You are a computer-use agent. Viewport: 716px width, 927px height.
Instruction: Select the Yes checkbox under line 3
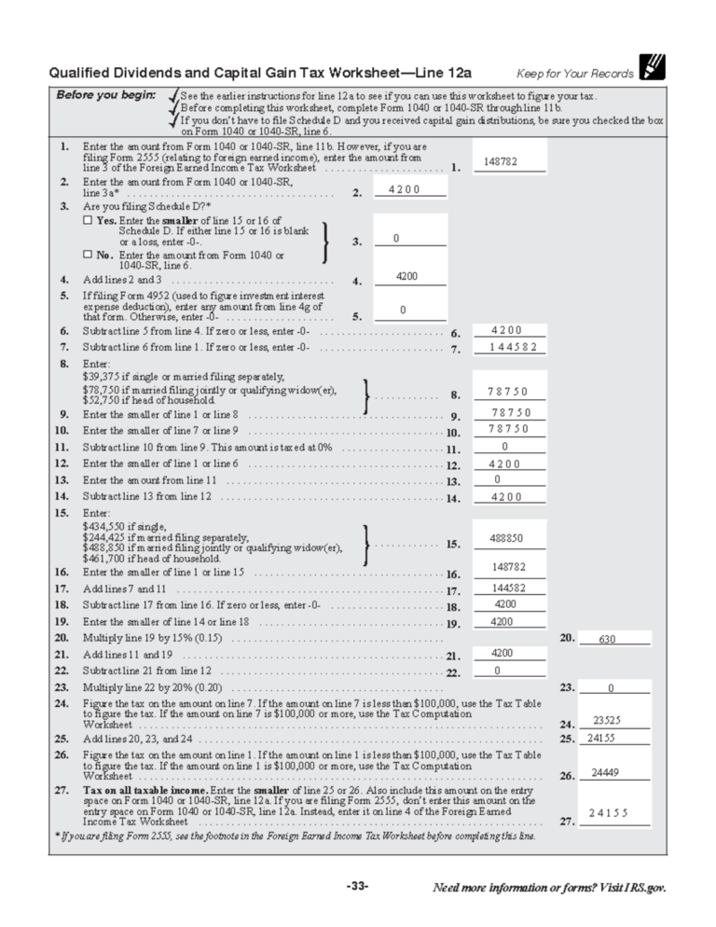pos(87,220)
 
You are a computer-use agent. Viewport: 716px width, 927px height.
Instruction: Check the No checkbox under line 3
pos(87,255)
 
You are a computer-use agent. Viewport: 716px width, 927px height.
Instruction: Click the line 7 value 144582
pos(509,347)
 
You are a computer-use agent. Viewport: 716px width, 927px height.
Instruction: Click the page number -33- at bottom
pos(357,886)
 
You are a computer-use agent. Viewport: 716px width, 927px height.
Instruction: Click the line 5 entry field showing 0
pos(403,310)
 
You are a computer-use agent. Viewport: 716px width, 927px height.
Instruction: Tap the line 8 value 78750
pos(509,392)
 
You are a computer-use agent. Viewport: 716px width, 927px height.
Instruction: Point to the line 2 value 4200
pos(403,189)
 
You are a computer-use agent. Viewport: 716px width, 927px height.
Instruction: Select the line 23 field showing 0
pos(612,688)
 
